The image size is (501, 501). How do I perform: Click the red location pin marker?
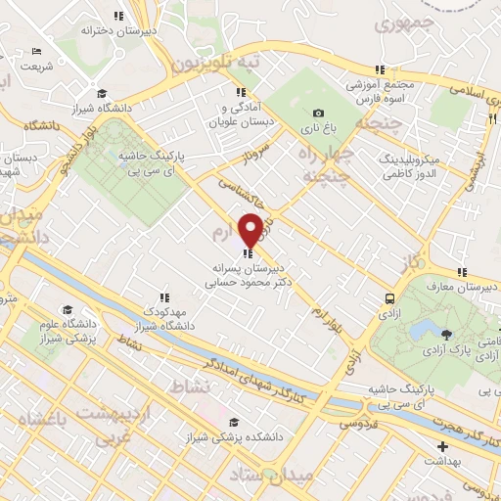(x=250, y=229)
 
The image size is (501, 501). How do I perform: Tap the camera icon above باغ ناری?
(x=318, y=114)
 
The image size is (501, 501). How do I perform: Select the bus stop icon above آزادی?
(x=389, y=297)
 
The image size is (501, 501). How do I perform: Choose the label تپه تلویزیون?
(x=217, y=62)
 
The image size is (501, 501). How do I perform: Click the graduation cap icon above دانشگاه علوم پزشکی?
(x=68, y=309)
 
